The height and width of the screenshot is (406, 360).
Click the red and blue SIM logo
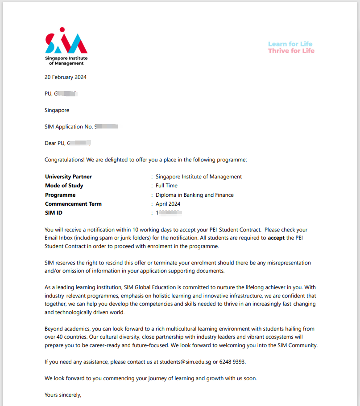pyautogui.click(x=66, y=41)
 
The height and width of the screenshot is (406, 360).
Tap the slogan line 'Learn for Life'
pyautogui.click(x=290, y=44)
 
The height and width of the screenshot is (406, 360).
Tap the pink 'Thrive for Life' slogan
pyautogui.click(x=291, y=51)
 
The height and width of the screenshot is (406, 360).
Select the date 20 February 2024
pyautogui.click(x=66, y=77)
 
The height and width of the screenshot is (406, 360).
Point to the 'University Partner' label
pyautogui.click(x=68, y=177)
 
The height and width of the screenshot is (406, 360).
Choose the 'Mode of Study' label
pyautogui.click(x=64, y=186)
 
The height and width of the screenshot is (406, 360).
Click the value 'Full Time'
pyautogui.click(x=166, y=186)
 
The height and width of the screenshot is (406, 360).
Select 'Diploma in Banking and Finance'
pyautogui.click(x=194, y=195)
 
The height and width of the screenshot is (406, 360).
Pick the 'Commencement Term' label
pyautogui.click(x=73, y=204)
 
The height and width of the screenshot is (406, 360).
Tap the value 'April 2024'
pyautogui.click(x=168, y=204)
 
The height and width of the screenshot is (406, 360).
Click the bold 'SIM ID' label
pyautogui.click(x=54, y=213)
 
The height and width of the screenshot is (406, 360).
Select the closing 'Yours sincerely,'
pyautogui.click(x=63, y=395)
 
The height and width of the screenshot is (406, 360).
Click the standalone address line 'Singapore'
pyautogui.click(x=57, y=110)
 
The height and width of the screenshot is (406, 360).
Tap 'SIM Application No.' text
pyautogui.click(x=69, y=127)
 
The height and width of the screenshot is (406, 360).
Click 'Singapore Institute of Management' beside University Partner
pyautogui.click(x=199, y=177)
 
